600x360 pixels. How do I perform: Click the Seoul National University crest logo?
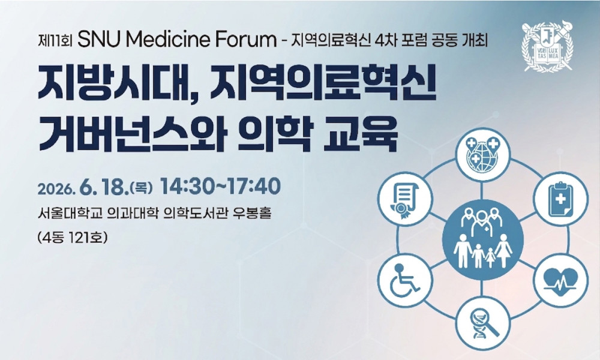(x=548, y=46)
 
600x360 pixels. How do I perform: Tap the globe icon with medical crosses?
(x=482, y=154)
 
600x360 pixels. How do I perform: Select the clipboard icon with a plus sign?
(x=560, y=199)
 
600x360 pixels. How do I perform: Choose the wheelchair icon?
(x=404, y=281)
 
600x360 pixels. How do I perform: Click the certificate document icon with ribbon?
(x=404, y=199)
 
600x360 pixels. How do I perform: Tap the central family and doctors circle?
(x=482, y=239)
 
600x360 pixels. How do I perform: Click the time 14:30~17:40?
(x=220, y=187)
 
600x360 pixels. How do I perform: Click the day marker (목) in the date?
(x=142, y=188)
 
